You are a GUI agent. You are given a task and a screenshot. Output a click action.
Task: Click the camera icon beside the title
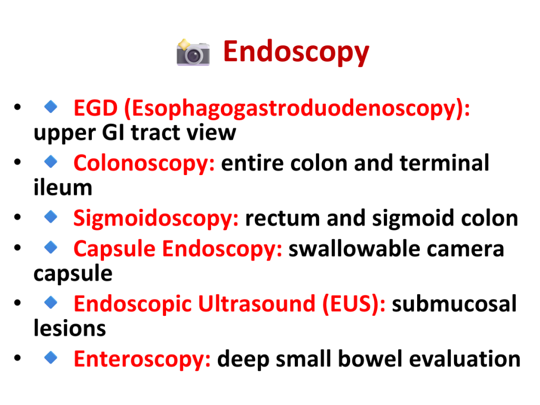click(x=193, y=52)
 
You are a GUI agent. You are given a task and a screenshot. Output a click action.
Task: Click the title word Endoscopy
click(x=296, y=52)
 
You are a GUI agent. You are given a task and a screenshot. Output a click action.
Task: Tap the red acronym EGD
click(x=95, y=108)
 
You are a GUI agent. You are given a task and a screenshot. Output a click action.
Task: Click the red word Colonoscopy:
click(x=144, y=164)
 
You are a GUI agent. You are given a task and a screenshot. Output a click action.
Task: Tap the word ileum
click(x=63, y=187)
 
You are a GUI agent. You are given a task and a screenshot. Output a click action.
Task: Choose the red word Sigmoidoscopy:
click(x=156, y=219)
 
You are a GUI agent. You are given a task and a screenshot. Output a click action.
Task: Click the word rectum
click(x=283, y=219)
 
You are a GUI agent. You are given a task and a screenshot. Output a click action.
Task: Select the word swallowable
click(x=354, y=249)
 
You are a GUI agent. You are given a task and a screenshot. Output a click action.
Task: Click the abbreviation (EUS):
click(x=354, y=304)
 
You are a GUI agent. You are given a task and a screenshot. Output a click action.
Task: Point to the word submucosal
click(x=454, y=304)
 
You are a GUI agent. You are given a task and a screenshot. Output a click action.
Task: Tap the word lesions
click(x=70, y=328)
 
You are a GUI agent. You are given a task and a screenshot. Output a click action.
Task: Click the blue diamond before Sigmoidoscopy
click(x=51, y=217)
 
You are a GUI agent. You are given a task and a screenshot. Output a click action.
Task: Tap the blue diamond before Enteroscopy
click(x=51, y=358)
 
